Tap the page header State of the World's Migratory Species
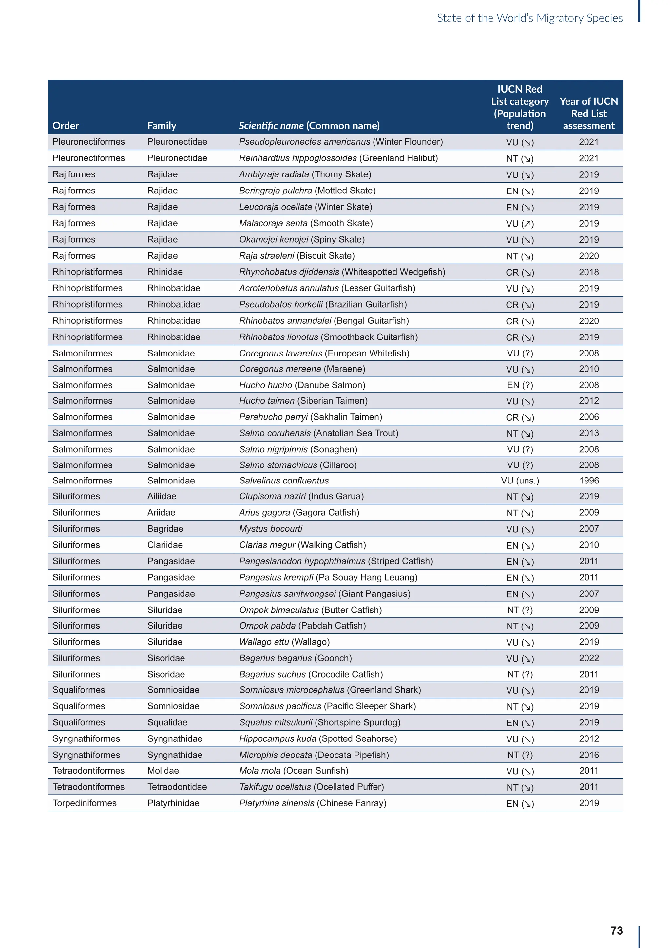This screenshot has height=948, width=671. [530, 18]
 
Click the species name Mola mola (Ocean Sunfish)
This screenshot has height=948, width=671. [294, 771]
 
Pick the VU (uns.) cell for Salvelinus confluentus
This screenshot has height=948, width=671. [520, 481]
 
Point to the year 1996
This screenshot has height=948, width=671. [588, 481]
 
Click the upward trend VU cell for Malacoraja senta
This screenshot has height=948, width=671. [520, 223]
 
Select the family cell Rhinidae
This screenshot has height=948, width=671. [165, 272]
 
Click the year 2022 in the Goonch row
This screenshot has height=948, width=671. [588, 658]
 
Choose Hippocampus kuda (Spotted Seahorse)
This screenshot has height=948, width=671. [318, 739]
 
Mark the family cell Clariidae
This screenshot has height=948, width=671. [165, 545]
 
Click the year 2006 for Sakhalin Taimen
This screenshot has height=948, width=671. [588, 417]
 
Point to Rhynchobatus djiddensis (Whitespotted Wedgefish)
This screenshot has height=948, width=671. [342, 272]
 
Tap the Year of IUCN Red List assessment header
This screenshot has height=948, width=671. [588, 114]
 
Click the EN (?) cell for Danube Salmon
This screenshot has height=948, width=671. [520, 385]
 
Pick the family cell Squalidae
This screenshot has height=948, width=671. [167, 722]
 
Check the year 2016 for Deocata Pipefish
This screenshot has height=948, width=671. [588, 755]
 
